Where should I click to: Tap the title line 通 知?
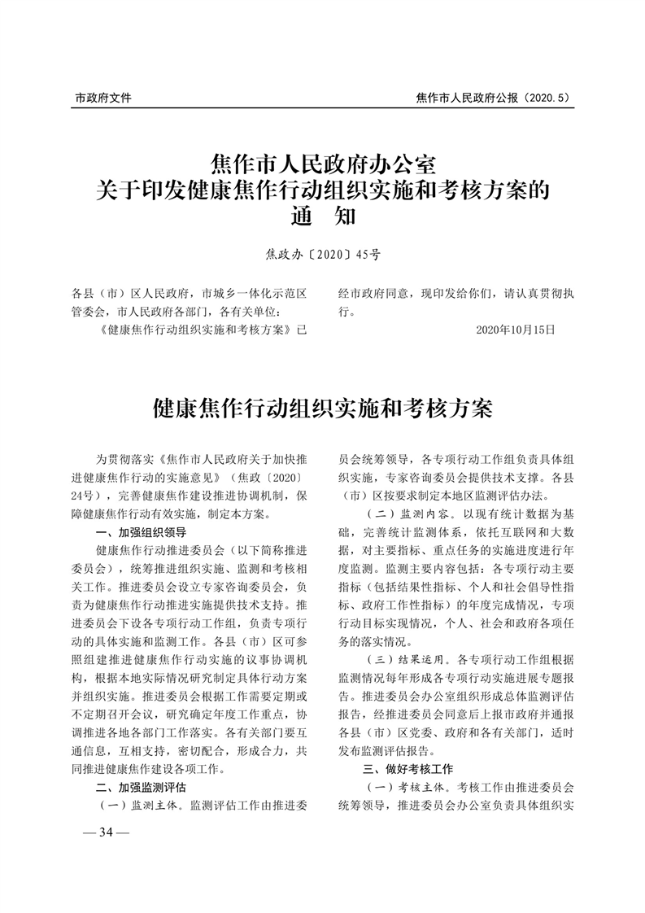coord(323,217)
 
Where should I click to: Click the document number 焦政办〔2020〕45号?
coord(323,255)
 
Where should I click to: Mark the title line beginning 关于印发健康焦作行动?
coord(323,191)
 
